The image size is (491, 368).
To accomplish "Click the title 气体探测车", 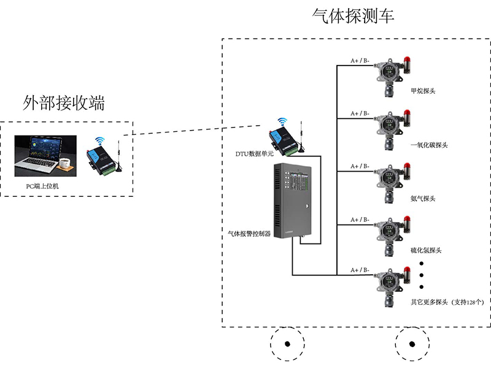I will [x=353, y=16].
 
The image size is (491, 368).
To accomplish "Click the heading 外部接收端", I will [x=63, y=102].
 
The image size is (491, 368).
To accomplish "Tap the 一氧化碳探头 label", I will [x=428, y=145].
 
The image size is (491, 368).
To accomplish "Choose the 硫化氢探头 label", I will [x=425, y=250].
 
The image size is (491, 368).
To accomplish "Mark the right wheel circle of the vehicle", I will [x=412, y=344].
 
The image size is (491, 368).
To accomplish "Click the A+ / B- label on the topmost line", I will [x=360, y=60].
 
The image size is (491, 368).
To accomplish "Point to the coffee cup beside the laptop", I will [x=66, y=164].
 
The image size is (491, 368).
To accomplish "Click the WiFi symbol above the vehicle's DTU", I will [x=282, y=121].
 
